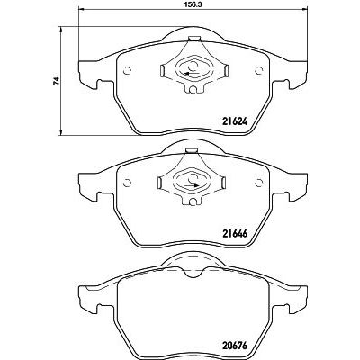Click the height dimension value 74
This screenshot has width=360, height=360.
point(56,81)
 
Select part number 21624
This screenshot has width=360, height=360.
point(235,121)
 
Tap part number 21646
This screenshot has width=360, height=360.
point(235,233)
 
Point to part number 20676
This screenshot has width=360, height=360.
point(235,346)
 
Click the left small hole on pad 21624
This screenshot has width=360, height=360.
point(127,70)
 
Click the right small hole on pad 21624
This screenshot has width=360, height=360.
point(258,70)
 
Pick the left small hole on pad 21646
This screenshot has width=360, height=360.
point(127,183)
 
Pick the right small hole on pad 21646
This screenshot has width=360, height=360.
point(258,183)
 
